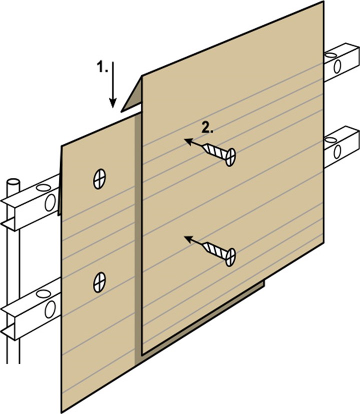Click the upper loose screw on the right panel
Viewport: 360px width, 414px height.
tap(222, 153)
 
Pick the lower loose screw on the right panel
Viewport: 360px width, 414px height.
tap(222, 252)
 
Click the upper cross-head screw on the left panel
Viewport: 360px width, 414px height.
tap(100, 178)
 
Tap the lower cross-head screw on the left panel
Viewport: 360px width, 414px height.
tap(100, 282)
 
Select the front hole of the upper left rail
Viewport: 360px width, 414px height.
tap(49, 202)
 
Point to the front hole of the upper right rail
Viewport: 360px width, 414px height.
tap(337, 66)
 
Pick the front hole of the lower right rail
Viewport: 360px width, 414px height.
tap(337, 150)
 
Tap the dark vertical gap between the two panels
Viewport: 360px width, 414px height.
tap(138, 225)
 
